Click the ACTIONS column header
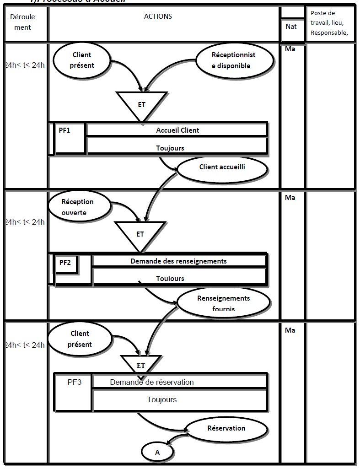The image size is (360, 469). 158,16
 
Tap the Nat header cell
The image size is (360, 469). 291,27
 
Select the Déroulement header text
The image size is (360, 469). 22,22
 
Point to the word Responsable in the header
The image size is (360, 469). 328,32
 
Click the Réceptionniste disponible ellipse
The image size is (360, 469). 233,60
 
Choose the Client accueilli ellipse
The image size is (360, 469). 222,167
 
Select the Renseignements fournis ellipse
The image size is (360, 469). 223,303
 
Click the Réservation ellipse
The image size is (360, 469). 226,429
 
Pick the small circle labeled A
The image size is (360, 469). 157,452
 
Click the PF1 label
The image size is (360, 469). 65,130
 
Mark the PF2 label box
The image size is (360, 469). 66,263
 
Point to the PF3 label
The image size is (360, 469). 73,382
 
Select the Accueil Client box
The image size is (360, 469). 177,130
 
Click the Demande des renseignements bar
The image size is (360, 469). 178,261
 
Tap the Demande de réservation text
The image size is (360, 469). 152,382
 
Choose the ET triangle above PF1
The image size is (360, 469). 141,105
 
